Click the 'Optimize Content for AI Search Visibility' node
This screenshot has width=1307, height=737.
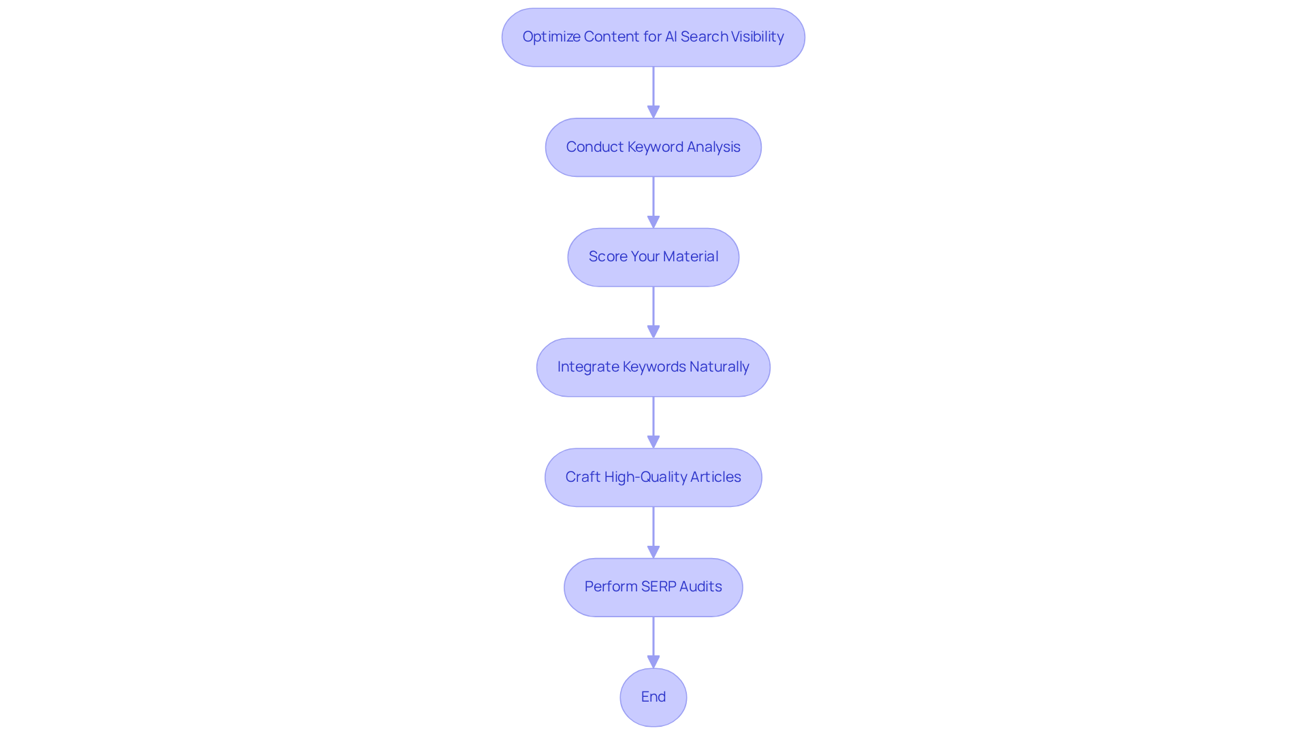pyautogui.click(x=653, y=37)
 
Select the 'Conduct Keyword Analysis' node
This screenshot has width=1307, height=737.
pyautogui.click(x=653, y=148)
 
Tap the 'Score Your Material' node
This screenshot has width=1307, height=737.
pyautogui.click(x=653, y=257)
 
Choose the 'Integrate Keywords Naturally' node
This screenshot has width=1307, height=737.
pyautogui.click(x=653, y=367)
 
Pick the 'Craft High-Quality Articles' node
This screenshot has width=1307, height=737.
pyautogui.click(x=653, y=478)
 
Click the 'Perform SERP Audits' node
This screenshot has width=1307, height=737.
pyautogui.click(x=653, y=587)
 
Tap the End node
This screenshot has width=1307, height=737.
pyautogui.click(x=653, y=698)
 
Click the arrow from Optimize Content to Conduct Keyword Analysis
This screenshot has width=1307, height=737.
pyautogui.click(x=653, y=93)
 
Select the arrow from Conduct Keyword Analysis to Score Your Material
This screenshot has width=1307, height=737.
pyautogui.click(x=653, y=203)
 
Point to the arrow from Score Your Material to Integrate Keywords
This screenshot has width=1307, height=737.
pyautogui.click(x=653, y=312)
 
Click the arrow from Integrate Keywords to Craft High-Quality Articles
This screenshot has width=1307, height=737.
pyautogui.click(x=653, y=423)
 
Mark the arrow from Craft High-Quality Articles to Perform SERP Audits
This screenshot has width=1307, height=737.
pyautogui.click(x=653, y=533)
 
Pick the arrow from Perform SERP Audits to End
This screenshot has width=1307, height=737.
pyautogui.click(x=653, y=642)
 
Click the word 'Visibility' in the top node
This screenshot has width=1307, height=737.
pyautogui.click(x=757, y=37)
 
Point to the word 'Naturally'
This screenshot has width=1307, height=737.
pyautogui.click(x=719, y=367)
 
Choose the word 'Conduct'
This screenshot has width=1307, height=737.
pyautogui.click(x=594, y=147)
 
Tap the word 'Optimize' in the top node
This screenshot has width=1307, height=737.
pyautogui.click(x=551, y=37)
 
